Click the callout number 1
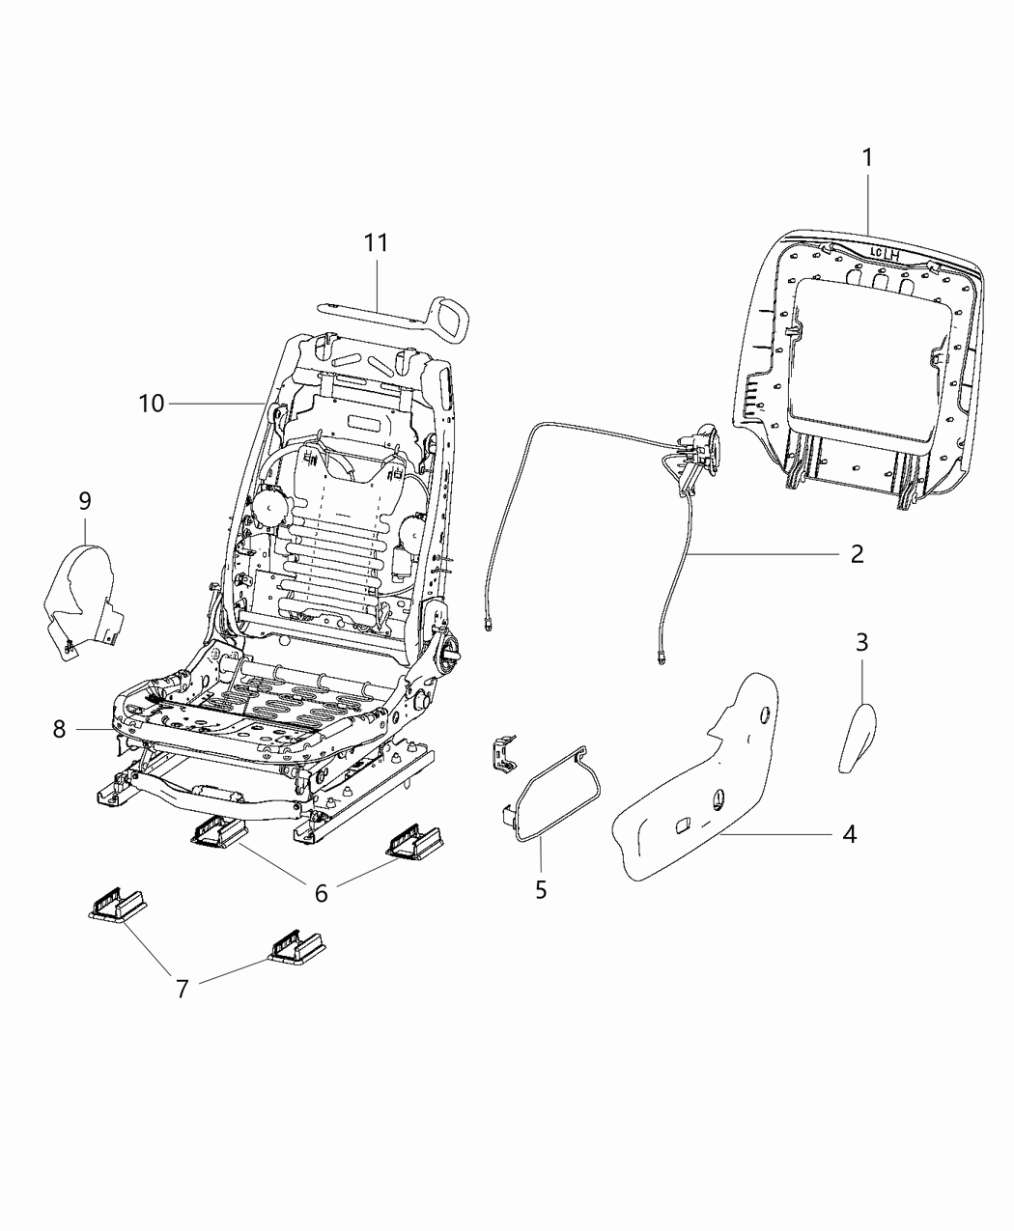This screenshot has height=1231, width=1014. click(867, 158)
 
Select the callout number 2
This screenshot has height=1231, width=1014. click(856, 554)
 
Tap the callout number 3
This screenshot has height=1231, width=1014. click(861, 641)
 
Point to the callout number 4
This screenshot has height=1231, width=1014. click(848, 833)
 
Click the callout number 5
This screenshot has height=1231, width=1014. click(541, 889)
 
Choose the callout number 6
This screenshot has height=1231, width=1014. click(321, 893)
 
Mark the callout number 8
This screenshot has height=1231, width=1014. click(60, 730)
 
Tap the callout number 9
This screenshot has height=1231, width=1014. click(85, 501)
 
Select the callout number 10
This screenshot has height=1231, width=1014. click(152, 403)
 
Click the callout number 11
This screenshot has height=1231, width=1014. click(376, 243)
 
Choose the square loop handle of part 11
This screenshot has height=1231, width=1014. click(450, 316)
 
